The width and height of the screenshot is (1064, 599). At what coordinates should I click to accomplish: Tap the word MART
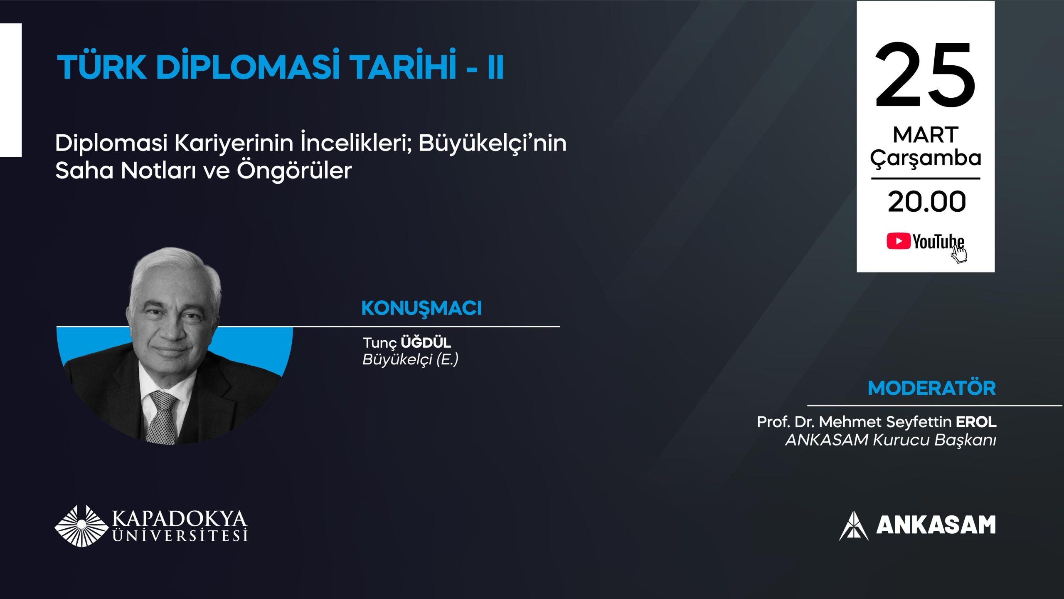coord(925,135)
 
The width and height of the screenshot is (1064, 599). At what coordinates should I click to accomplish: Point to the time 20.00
coord(926,202)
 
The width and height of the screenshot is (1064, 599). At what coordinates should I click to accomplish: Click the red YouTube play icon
coord(898,241)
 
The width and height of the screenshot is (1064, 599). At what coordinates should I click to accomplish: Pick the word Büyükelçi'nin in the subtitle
coord(492,144)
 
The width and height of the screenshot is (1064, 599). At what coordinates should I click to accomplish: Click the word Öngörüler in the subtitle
coord(294,171)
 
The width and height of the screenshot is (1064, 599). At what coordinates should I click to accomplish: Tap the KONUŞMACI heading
coord(421,308)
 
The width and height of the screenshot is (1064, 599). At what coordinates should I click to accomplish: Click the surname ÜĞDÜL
coord(426,343)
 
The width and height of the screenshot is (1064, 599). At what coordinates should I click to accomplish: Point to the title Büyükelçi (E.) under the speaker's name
coord(410,359)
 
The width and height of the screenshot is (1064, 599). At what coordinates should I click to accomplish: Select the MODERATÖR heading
coord(931,388)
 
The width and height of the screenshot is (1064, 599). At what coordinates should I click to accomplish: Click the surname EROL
coord(976,422)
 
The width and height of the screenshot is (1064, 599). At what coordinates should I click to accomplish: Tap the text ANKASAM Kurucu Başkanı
coord(890,440)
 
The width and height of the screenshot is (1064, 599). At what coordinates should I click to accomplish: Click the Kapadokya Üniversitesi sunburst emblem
coord(81,526)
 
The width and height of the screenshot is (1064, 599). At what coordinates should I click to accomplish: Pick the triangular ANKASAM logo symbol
coord(853,526)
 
